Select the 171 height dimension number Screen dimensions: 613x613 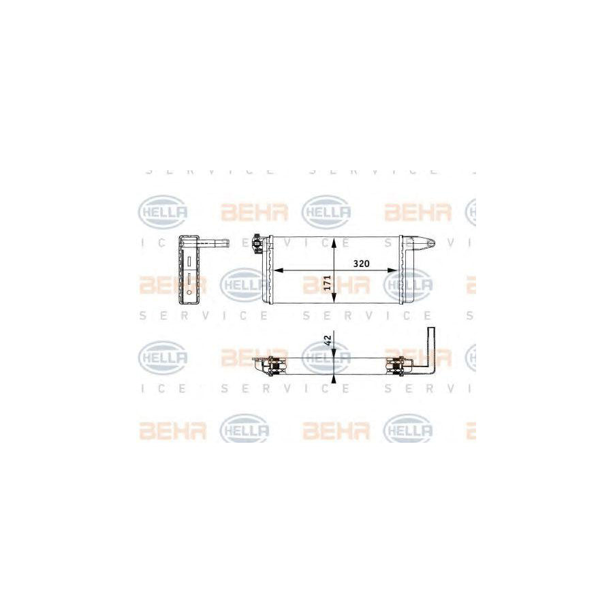click(x=327, y=284)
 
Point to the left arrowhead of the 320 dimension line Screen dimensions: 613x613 click(x=277, y=270)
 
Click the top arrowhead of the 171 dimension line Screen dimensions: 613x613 click(x=334, y=242)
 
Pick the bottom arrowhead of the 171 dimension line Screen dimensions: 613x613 click(x=334, y=300)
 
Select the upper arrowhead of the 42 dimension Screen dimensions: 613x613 click(x=334, y=353)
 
